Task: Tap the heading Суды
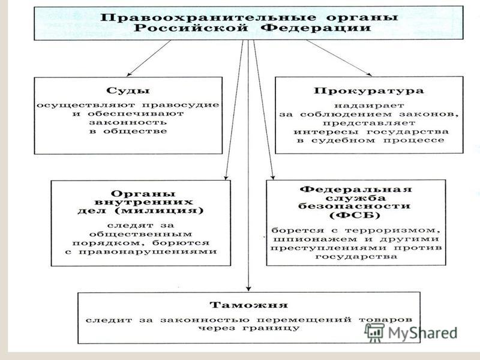[128, 91]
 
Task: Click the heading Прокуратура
[369, 91]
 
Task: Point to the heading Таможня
[248, 305]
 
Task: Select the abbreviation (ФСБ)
[355, 215]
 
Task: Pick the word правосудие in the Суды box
[181, 105]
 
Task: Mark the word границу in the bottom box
[271, 328]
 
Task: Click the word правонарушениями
[148, 252]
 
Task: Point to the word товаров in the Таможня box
[385, 320]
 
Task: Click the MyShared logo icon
[374, 332]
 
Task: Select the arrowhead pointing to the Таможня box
[248, 289]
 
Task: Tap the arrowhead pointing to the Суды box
[129, 74]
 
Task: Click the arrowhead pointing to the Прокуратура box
[370, 74]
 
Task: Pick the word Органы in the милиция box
[143, 194]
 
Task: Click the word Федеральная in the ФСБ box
[356, 189]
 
